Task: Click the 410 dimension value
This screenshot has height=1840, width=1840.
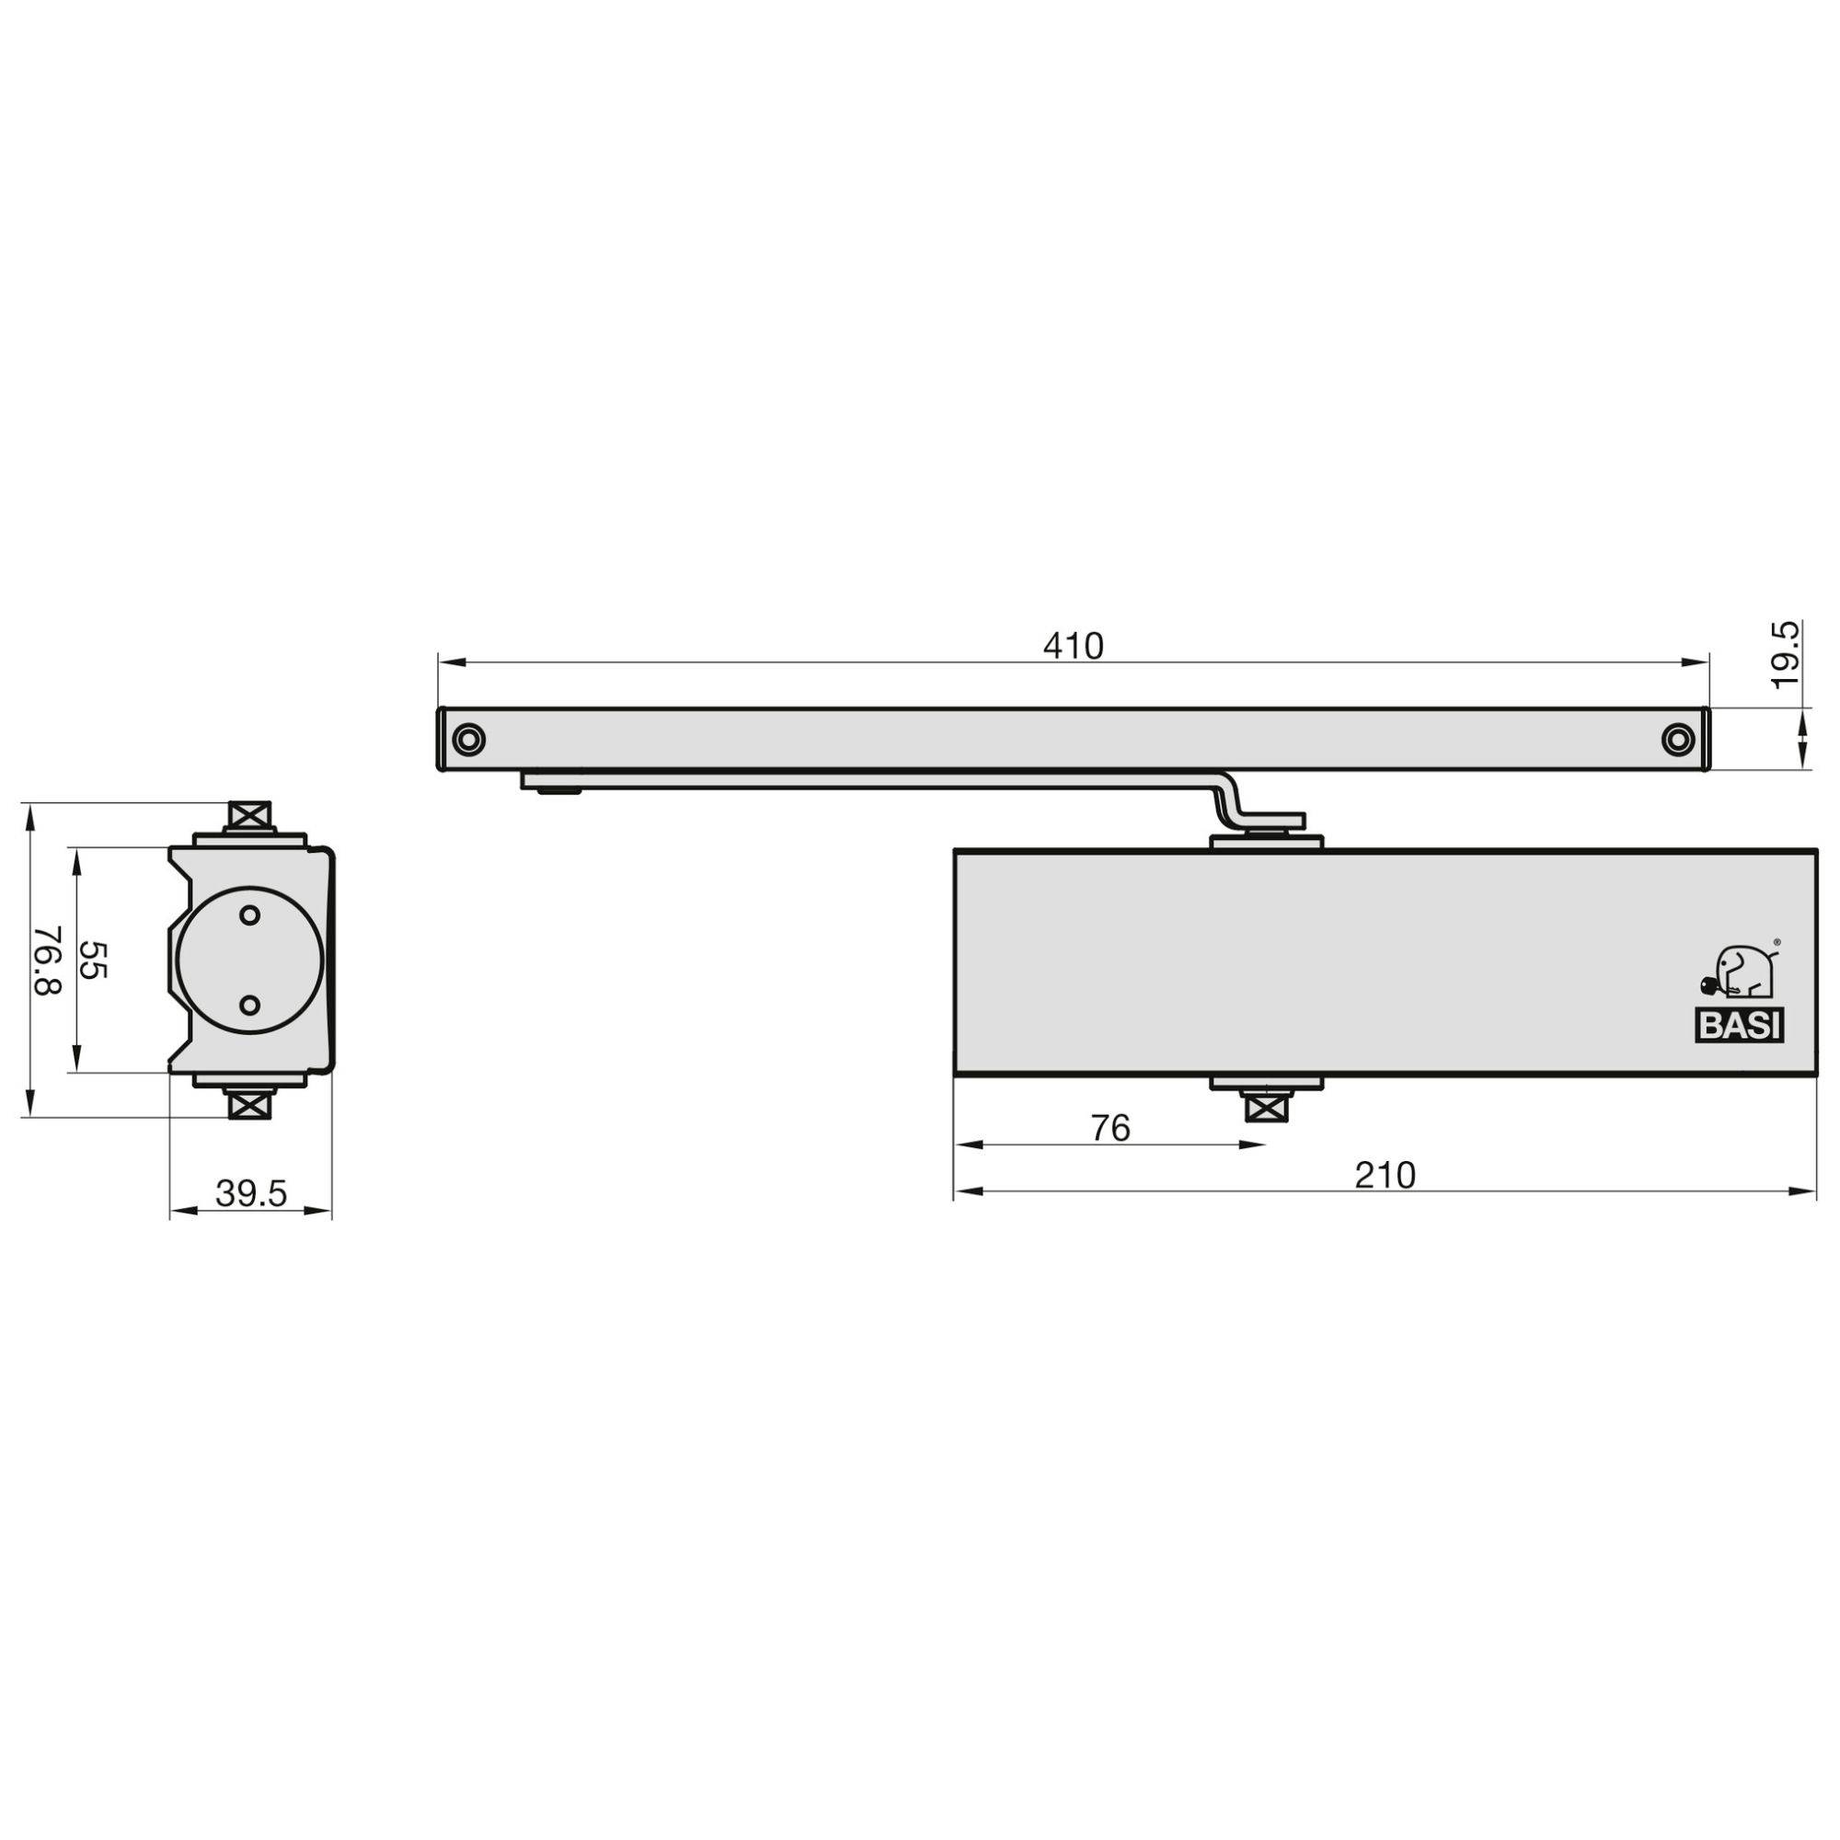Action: point(1074,647)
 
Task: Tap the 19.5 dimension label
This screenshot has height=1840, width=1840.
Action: point(1787,654)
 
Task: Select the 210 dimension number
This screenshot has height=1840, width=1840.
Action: point(1386,1175)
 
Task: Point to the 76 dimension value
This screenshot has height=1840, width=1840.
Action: point(1110,1128)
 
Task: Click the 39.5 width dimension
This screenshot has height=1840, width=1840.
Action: point(250,1193)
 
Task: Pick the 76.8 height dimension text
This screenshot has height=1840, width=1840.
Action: point(48,960)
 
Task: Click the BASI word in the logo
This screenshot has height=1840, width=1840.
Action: point(1740,1027)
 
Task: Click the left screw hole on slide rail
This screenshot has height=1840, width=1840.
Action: point(468,739)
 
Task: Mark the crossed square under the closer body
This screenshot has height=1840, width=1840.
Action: point(1265,1109)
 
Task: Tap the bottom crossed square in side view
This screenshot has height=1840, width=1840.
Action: point(249,1105)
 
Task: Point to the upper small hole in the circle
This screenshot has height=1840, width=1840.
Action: point(249,915)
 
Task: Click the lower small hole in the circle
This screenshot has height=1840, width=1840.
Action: point(249,1005)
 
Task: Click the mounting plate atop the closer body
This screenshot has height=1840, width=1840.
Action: point(1266,841)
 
